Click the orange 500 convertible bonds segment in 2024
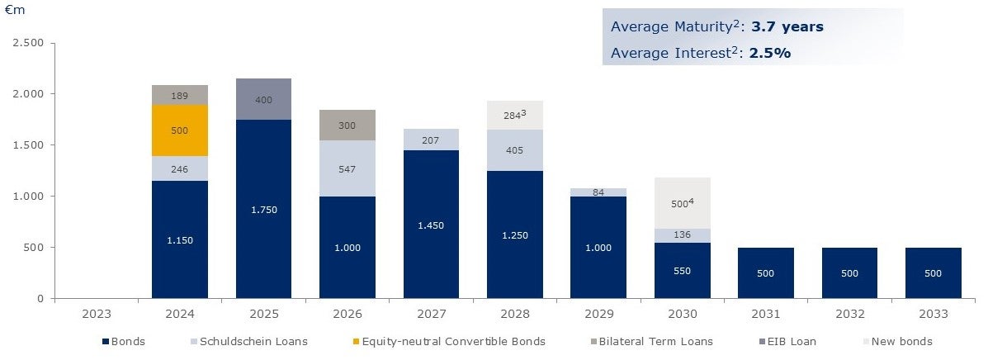(x=180, y=130)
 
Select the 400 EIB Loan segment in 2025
(x=263, y=99)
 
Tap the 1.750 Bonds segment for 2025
(x=263, y=209)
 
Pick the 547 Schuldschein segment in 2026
(x=347, y=168)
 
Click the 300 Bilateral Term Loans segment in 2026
(x=347, y=126)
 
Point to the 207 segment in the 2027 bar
(x=431, y=140)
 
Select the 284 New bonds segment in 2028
(x=515, y=116)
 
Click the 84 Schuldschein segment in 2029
(x=598, y=192)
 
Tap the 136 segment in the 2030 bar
(x=683, y=235)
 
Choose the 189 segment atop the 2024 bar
(x=180, y=95)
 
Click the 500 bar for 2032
(x=849, y=272)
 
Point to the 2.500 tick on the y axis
(x=29, y=43)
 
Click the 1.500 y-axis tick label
(x=29, y=145)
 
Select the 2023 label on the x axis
(x=96, y=315)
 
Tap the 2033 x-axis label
(x=933, y=315)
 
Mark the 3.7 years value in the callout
(x=787, y=26)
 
